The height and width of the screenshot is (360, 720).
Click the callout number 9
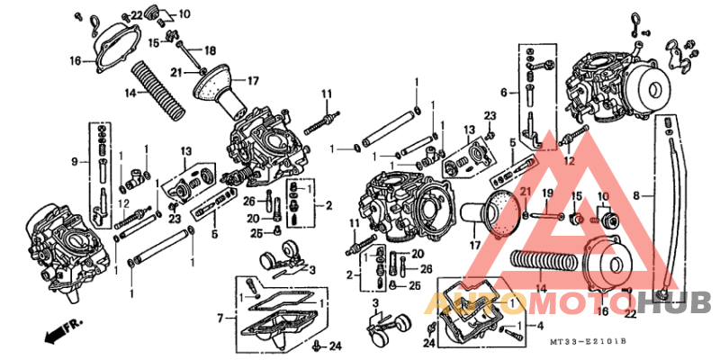pyautogui.click(x=76, y=162)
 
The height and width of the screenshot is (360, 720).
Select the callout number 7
pyautogui.click(x=220, y=319)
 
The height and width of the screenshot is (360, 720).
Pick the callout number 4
pyautogui.click(x=539, y=325)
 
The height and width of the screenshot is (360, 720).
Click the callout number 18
pyautogui.click(x=210, y=49)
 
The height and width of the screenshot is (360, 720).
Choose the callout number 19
pyautogui.click(x=545, y=193)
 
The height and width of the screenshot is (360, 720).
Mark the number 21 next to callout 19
pyautogui.click(x=524, y=193)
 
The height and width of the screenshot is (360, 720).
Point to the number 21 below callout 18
pyautogui.click(x=177, y=71)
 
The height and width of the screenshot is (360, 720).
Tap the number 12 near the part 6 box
pyautogui.click(x=568, y=161)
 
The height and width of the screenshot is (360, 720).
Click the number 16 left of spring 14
pyautogui.click(x=76, y=61)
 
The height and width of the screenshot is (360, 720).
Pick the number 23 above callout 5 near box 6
pyautogui.click(x=490, y=115)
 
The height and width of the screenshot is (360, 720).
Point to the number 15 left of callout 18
pyautogui.click(x=154, y=42)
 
